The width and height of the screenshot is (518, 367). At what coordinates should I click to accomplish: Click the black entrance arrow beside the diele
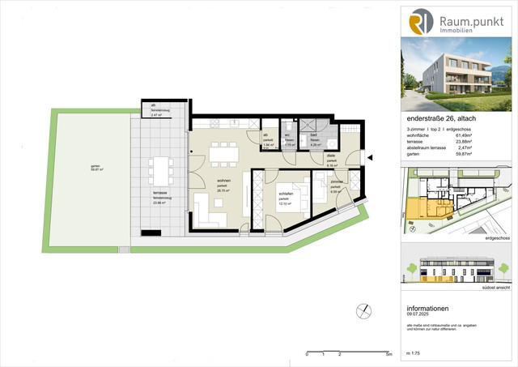(368, 159)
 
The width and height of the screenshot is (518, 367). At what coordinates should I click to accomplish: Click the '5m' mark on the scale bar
(389, 355)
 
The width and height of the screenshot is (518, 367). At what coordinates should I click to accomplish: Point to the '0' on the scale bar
(307, 355)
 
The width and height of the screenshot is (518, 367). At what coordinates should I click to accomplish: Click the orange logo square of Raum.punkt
(421, 22)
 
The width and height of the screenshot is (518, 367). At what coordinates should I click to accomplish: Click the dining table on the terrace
(159, 172)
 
